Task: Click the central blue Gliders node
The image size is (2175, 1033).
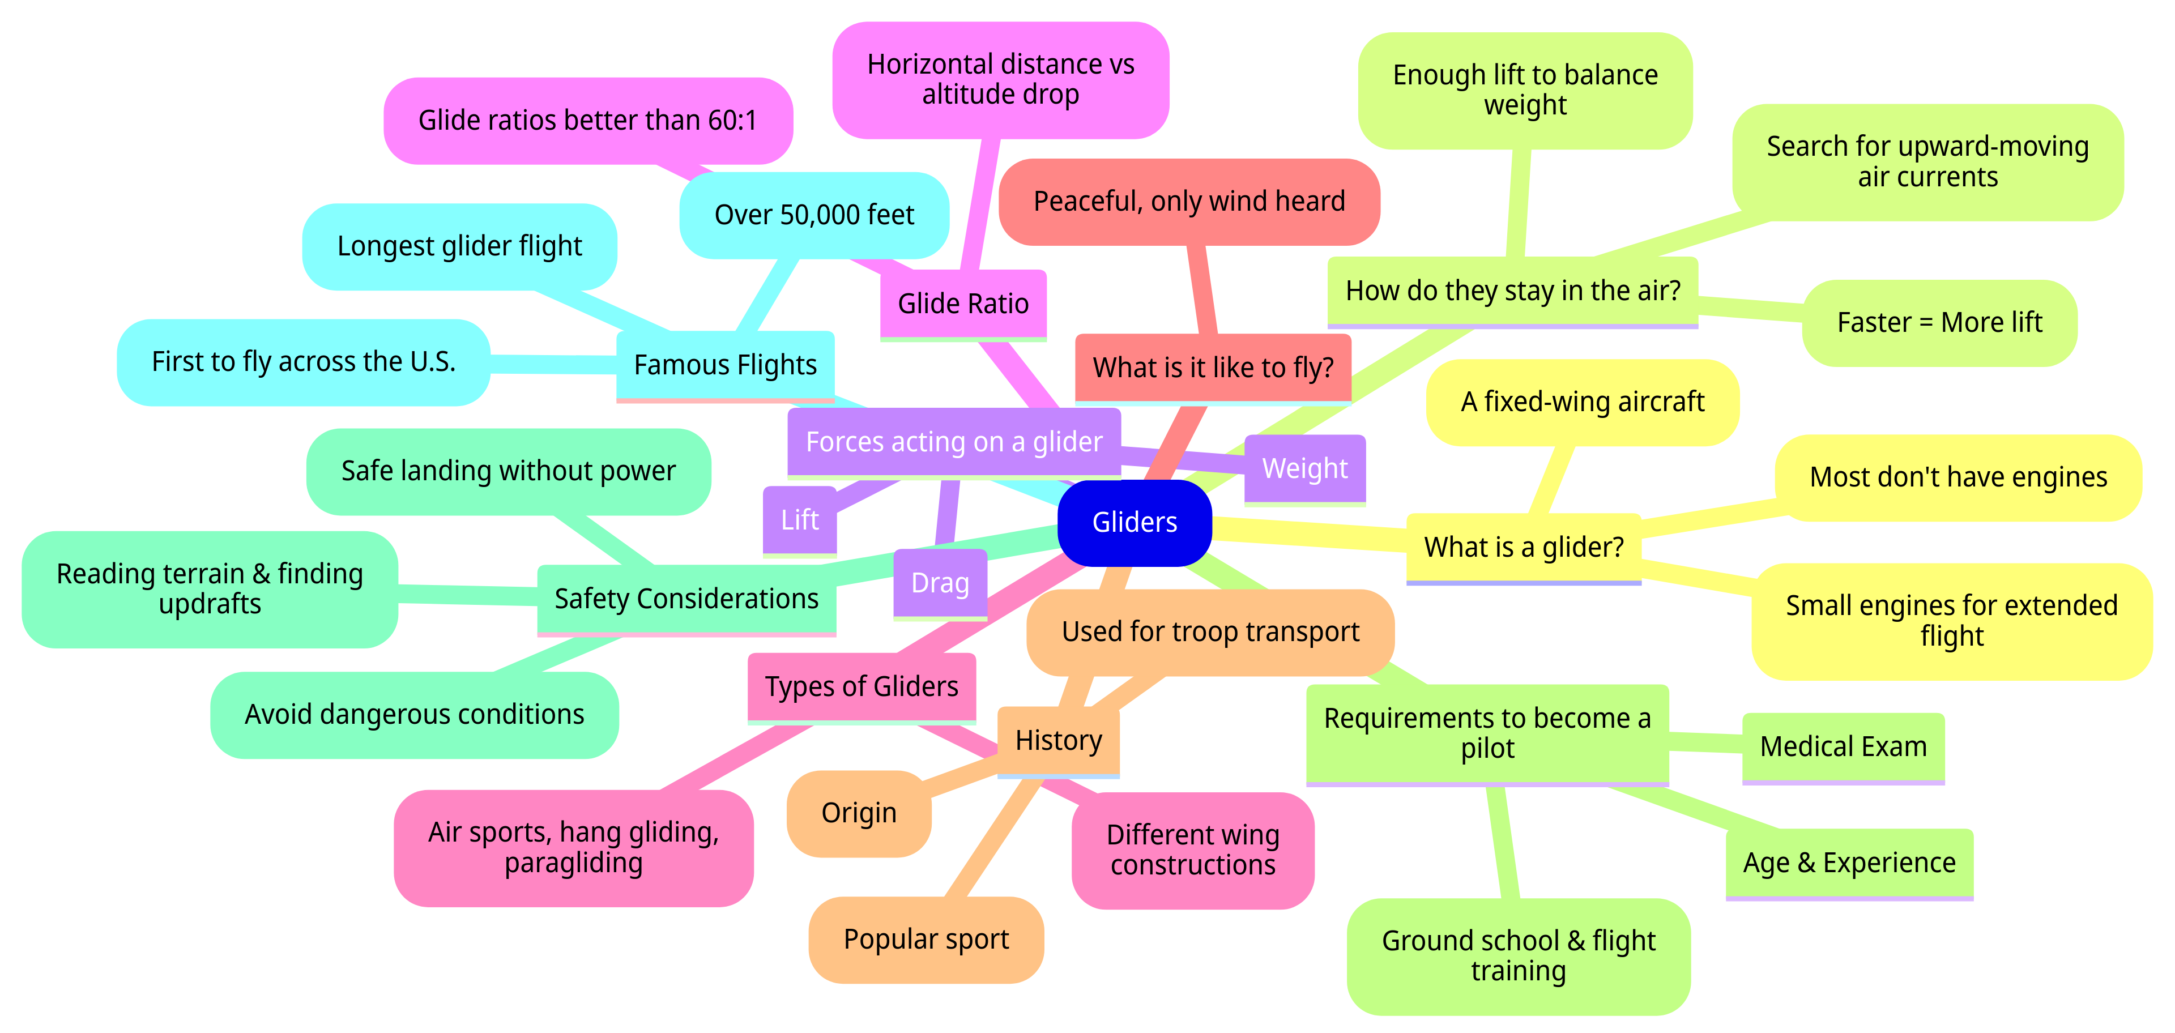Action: pyautogui.click(x=1134, y=522)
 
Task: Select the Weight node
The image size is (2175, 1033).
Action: pyautogui.click(x=1304, y=468)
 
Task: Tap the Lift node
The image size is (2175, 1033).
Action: pyautogui.click(x=800, y=520)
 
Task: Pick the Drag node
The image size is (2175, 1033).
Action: pyautogui.click(x=940, y=583)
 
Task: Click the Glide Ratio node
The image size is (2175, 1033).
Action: pyautogui.click(x=962, y=304)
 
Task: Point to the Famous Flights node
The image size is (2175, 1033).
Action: pyautogui.click(x=725, y=365)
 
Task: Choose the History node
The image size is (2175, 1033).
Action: pyautogui.click(x=1058, y=740)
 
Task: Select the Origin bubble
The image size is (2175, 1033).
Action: pyautogui.click(x=859, y=813)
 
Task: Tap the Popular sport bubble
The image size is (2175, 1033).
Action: pyautogui.click(x=926, y=940)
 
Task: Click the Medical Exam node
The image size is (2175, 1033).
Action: pyautogui.click(x=1843, y=747)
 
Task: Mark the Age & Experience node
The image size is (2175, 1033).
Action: pyautogui.click(x=1849, y=863)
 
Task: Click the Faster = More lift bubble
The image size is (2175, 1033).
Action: pyautogui.click(x=1939, y=322)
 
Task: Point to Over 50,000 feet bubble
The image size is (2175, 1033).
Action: pyautogui.click(x=814, y=215)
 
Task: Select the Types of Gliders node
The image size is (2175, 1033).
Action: pyautogui.click(x=861, y=687)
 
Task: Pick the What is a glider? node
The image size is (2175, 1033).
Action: pyautogui.click(x=1523, y=548)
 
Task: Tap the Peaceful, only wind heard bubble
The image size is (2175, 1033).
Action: pyautogui.click(x=1189, y=202)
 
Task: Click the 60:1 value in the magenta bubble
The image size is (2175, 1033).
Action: pyautogui.click(x=732, y=121)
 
